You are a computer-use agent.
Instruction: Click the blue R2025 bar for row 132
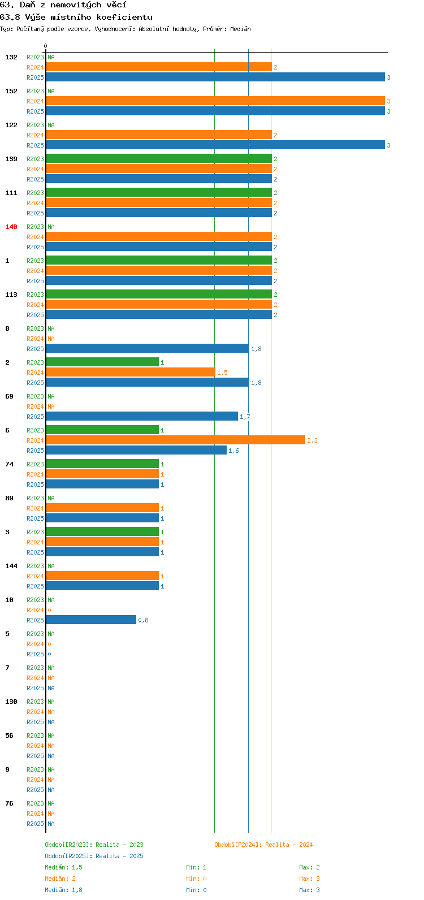click(215, 77)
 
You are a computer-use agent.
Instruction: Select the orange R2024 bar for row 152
click(215, 101)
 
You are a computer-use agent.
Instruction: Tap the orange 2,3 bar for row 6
click(176, 440)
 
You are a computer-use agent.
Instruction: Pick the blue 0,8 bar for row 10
click(91, 620)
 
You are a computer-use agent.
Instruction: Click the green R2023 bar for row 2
click(102, 362)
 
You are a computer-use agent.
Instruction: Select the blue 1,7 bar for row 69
click(142, 416)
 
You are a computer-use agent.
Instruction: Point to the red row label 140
click(11, 227)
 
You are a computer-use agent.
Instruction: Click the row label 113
click(11, 295)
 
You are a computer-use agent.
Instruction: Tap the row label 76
click(9, 803)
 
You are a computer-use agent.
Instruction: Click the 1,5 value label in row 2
click(222, 373)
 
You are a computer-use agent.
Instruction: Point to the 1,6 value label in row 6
click(233, 451)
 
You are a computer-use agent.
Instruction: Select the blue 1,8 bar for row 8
click(148, 348)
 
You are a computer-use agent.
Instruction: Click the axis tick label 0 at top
click(45, 46)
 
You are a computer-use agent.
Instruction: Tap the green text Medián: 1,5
click(63, 867)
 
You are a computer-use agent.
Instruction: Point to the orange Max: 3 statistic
click(309, 879)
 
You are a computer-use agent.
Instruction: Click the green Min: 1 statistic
click(196, 867)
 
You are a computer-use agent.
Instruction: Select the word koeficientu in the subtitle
click(124, 18)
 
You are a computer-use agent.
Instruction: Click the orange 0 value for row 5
click(49, 644)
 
